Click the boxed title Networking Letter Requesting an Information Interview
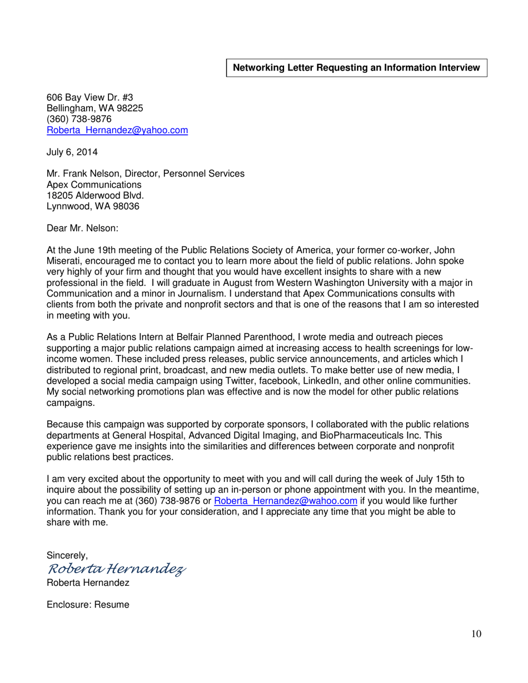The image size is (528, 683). pyautogui.click(x=356, y=68)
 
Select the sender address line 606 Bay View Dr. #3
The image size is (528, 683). pyautogui.click(x=89, y=97)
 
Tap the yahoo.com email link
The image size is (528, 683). pyautogui.click(x=117, y=130)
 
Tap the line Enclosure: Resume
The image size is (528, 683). pyautogui.click(x=88, y=604)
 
